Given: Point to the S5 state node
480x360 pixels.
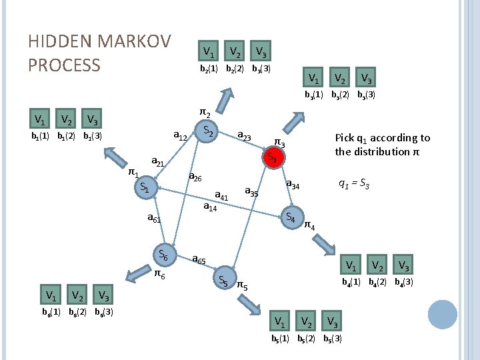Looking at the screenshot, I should click(x=223, y=281).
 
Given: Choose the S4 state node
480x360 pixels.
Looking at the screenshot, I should click(x=290, y=217).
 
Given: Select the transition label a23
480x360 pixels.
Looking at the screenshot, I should click(x=244, y=137).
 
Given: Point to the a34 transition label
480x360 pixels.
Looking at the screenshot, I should click(x=293, y=184).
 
